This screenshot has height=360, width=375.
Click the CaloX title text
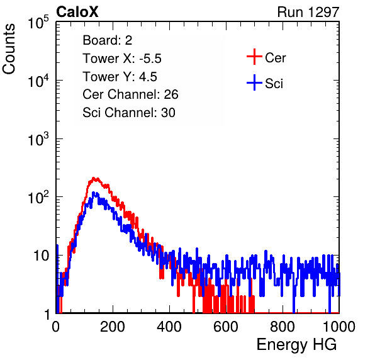tap(77, 12)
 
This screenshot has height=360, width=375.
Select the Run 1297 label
tap(308, 12)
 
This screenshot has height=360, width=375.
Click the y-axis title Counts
tap(9, 49)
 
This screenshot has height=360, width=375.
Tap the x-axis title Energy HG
tap(296, 345)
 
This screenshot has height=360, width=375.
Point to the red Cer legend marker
tap(254, 57)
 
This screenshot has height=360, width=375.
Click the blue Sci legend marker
tap(254, 82)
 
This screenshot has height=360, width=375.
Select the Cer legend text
tap(275, 58)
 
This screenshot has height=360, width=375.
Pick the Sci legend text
tap(274, 84)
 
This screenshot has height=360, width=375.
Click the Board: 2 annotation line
tap(108, 40)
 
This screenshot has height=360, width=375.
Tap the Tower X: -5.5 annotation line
tap(122, 59)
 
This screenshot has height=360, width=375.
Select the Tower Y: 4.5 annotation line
tap(120, 77)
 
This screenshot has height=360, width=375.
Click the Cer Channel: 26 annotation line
tap(130, 94)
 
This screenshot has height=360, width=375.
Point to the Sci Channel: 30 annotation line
tap(129, 113)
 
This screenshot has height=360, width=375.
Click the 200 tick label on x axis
tap(113, 326)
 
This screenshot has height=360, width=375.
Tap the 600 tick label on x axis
tap(226, 326)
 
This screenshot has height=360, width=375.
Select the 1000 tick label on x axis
tap(339, 326)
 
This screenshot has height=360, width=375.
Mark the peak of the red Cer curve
tap(94, 178)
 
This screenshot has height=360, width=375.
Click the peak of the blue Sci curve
tap(94, 193)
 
